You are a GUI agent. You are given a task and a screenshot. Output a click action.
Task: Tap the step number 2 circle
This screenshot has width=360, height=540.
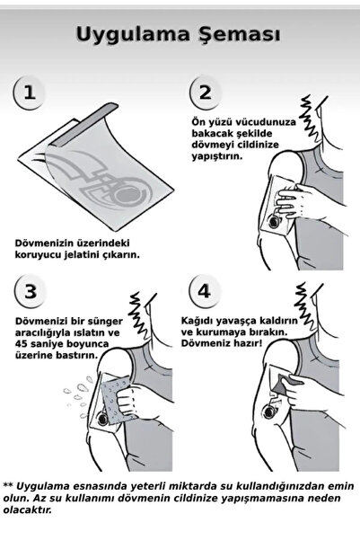tap(206, 93)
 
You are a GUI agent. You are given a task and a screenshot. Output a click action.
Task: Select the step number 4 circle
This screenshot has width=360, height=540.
tap(206, 297)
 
